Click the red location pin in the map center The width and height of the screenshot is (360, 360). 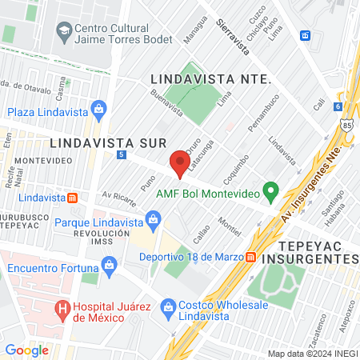point(180,164)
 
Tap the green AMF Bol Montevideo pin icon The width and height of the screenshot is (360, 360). point(271,192)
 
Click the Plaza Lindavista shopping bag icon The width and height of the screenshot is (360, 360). point(98,109)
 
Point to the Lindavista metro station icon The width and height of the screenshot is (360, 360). point(73,197)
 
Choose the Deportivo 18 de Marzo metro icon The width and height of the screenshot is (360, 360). point(250,257)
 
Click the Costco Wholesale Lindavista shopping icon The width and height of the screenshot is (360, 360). point(168,306)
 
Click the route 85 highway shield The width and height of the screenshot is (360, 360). point(346,125)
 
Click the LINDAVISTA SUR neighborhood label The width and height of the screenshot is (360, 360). point(107,142)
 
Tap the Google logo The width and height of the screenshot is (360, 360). point(26,350)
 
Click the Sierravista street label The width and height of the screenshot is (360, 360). point(232,36)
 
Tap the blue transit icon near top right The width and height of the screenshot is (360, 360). point(305,35)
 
